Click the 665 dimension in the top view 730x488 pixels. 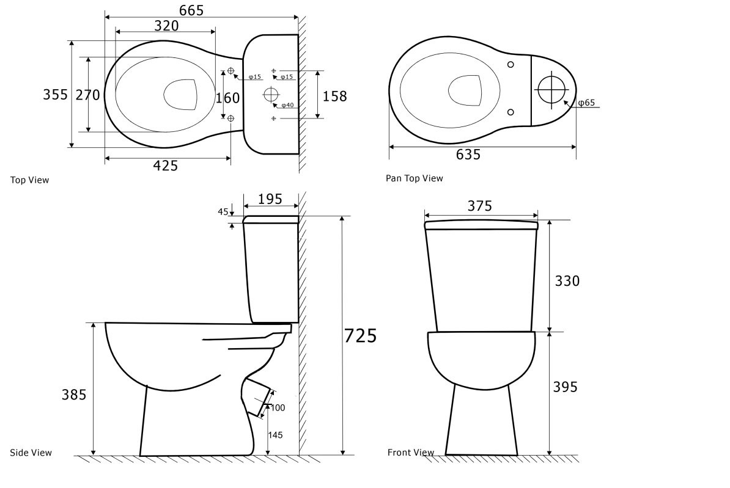point(191,10)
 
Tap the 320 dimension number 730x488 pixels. point(166,26)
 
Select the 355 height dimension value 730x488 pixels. point(56,95)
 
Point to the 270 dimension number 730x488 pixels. point(88,95)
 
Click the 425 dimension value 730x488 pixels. point(165,166)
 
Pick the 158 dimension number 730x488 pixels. point(335,97)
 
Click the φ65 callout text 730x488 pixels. point(586,103)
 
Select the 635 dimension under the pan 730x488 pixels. point(468,155)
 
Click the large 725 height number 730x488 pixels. point(360,335)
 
